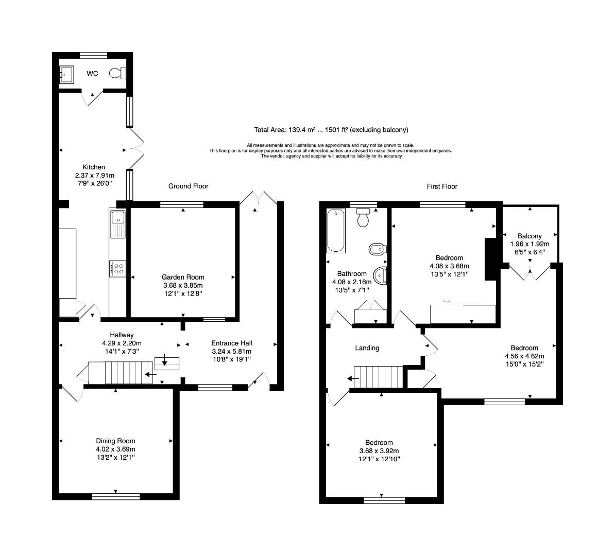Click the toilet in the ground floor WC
[118, 74]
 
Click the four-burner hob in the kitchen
[118, 268]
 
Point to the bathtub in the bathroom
[336, 230]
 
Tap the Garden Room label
[183, 277]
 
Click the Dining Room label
[115, 441]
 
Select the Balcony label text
[529, 236]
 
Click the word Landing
[367, 348]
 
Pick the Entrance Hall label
[232, 343]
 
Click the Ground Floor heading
[188, 186]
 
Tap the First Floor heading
[442, 186]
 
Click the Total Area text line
[331, 130]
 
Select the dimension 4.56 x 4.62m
[524, 356]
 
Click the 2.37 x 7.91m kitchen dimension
[94, 175]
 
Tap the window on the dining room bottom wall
[115, 496]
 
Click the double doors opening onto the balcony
[531, 273]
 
